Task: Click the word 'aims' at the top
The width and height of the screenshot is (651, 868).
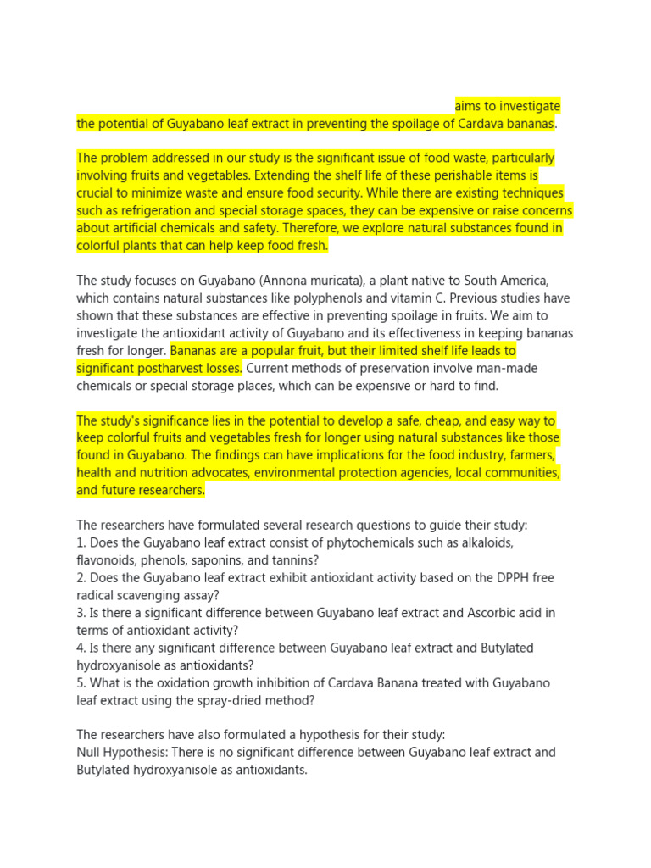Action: (468, 106)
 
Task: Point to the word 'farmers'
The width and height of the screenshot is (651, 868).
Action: (535, 455)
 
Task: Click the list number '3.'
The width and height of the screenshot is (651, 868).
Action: (81, 612)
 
